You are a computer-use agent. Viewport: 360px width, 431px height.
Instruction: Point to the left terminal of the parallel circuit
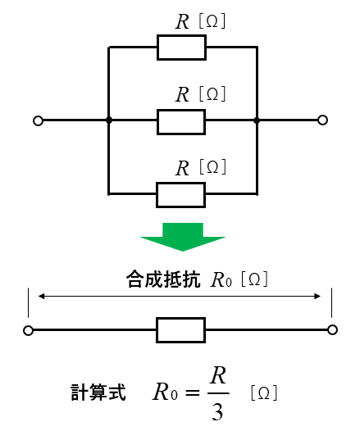click(x=38, y=120)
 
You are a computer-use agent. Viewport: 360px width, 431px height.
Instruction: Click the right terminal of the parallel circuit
click(x=322, y=120)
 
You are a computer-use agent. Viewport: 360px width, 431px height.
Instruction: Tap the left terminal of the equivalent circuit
click(x=28, y=330)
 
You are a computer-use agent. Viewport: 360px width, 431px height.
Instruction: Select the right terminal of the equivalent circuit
click(x=332, y=329)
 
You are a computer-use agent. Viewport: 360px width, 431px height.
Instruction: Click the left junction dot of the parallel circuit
click(x=109, y=120)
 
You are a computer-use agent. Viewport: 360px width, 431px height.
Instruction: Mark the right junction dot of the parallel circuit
click(x=257, y=120)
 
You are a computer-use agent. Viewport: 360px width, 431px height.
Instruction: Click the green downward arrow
click(x=183, y=237)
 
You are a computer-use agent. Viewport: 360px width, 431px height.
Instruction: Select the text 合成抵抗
click(x=163, y=279)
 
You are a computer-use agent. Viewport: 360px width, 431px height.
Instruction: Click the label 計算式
click(x=98, y=392)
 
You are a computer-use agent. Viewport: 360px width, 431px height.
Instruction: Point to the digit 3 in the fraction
click(x=217, y=412)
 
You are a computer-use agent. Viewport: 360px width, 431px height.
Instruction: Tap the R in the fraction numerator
click(x=218, y=375)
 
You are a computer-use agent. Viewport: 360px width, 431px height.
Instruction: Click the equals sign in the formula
click(x=193, y=392)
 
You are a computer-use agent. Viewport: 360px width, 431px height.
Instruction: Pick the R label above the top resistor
click(x=182, y=21)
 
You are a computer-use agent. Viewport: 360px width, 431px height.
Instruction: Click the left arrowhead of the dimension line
click(x=41, y=296)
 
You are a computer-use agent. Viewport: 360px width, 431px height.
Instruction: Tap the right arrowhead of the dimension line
click(x=317, y=296)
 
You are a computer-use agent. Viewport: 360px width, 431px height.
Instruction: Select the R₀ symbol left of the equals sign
click(x=165, y=392)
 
